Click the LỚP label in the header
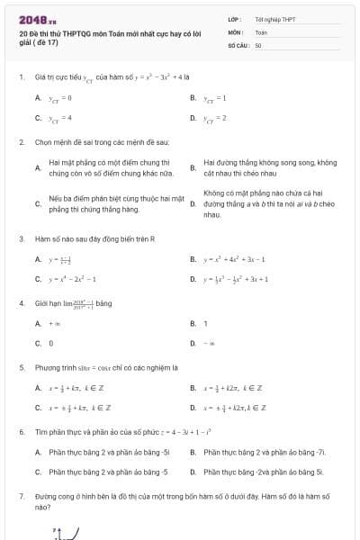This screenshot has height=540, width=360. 234,18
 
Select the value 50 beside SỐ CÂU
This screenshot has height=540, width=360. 258,44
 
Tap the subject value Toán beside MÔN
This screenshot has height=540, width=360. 261,31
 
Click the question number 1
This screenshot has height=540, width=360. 21,76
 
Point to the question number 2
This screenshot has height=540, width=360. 21,142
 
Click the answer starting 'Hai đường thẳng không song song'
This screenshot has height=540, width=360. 269,167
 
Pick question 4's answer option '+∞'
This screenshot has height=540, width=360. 54,323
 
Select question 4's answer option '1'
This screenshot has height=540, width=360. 206,323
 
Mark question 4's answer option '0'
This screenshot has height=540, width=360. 51,343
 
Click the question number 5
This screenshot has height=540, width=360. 21,367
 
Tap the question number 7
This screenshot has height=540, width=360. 21,496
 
